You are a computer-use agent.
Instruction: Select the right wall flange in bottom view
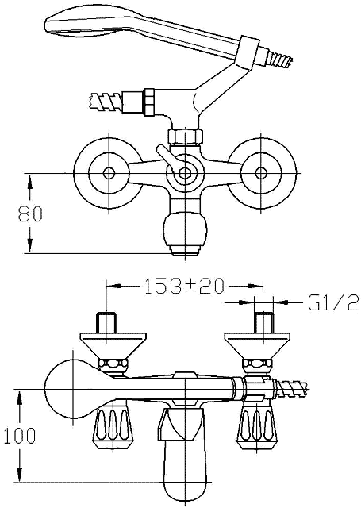[261, 348]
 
